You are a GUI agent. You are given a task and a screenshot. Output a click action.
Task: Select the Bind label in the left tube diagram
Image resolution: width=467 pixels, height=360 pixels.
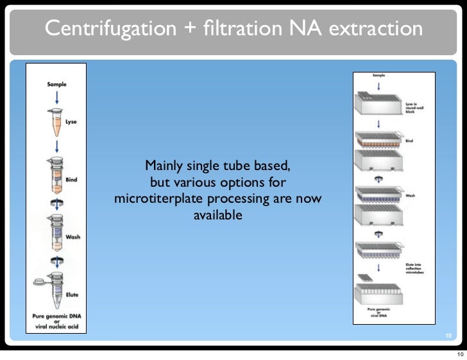72,180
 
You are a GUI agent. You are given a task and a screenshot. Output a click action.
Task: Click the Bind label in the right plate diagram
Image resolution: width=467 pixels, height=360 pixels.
409,141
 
